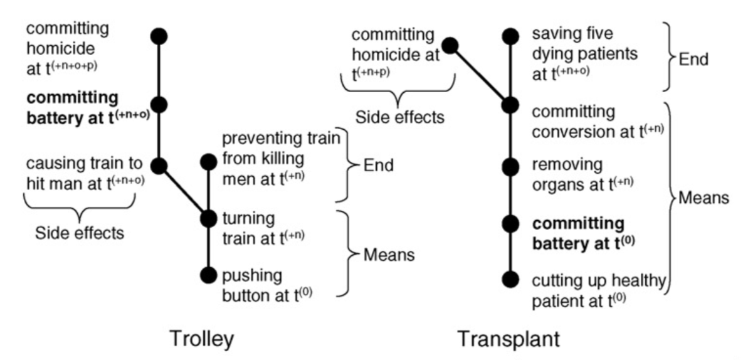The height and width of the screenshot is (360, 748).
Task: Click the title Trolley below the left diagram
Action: [202, 339]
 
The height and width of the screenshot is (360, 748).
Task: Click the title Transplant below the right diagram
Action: [508, 339]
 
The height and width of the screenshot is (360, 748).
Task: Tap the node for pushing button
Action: [208, 275]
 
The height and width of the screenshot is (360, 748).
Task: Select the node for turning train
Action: [208, 218]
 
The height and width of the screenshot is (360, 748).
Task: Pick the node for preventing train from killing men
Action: [208, 162]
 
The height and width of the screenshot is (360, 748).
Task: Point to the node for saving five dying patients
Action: [511, 36]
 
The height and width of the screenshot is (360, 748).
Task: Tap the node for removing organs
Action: [511, 166]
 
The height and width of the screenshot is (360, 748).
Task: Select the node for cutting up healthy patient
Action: [511, 278]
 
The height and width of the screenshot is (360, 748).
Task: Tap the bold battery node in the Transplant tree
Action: [511, 223]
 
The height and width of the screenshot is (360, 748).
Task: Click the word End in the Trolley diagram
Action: [379, 166]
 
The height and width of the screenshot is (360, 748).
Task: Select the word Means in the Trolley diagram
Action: [389, 255]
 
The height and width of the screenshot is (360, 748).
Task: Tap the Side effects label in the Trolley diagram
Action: [80, 233]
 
